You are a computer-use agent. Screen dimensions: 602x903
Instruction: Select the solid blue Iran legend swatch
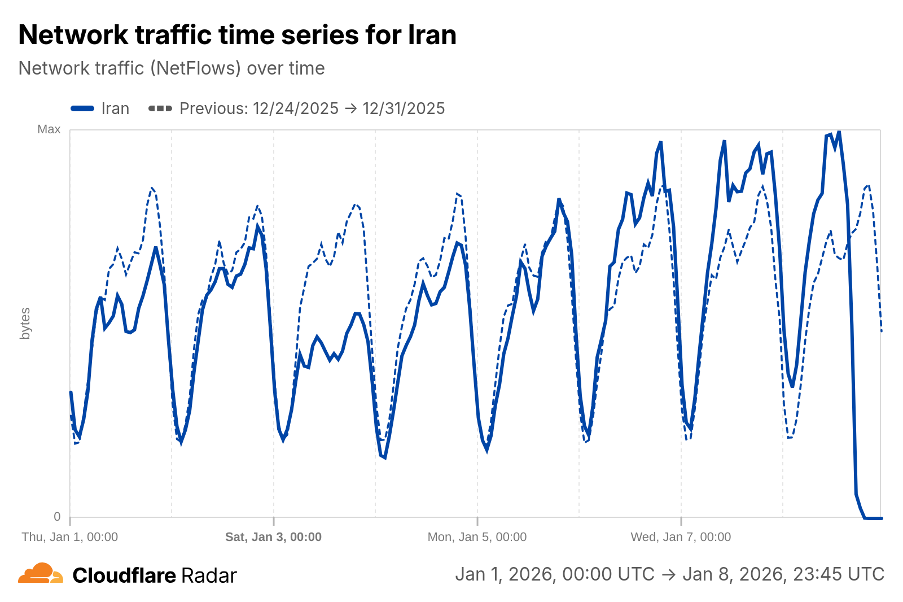click(82, 108)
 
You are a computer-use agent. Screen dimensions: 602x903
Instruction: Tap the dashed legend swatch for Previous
click(160, 108)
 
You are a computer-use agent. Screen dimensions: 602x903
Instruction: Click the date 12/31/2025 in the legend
click(404, 108)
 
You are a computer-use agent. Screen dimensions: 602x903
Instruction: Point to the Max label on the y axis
click(49, 129)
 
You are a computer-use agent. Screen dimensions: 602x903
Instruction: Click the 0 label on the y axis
click(57, 516)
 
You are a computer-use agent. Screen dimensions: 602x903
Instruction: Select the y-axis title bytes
click(25, 324)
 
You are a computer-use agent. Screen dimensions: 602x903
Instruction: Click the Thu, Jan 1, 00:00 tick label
click(70, 536)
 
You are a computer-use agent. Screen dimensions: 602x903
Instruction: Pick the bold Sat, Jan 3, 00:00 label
click(273, 536)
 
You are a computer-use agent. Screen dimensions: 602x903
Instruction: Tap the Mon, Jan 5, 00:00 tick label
click(477, 536)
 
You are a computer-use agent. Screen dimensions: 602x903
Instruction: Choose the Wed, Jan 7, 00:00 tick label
click(681, 536)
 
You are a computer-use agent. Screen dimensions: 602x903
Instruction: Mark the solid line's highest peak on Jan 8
click(839, 131)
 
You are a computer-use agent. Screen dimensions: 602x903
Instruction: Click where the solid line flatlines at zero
click(873, 518)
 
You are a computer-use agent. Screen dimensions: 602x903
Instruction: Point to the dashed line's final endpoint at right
click(881, 331)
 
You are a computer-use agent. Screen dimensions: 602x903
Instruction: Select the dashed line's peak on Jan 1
click(152, 189)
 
